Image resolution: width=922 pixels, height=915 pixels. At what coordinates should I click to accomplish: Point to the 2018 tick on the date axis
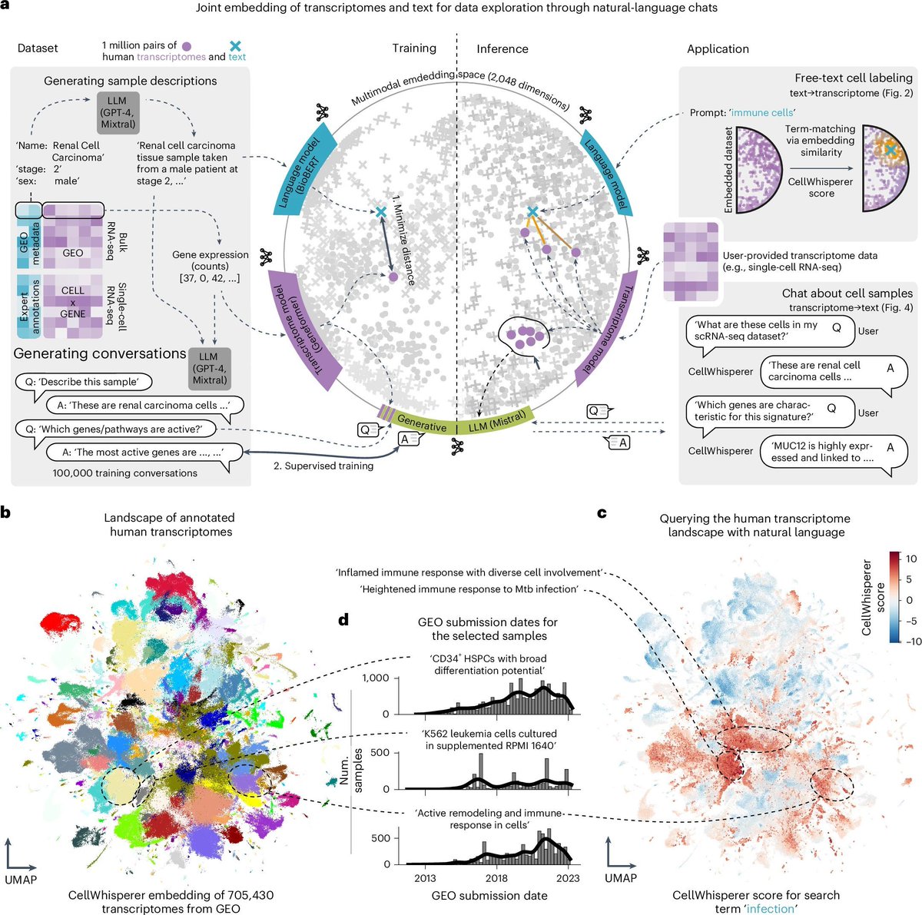click(496, 878)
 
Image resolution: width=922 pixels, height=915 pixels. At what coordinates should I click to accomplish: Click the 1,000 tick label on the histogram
click(376, 678)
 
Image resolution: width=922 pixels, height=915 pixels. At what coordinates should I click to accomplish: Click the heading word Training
click(414, 48)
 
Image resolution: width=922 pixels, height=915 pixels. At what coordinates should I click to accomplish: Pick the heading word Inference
click(502, 48)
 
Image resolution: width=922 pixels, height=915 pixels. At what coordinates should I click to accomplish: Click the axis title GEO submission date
click(489, 895)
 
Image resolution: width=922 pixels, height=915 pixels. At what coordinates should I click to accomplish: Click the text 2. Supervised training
click(323, 466)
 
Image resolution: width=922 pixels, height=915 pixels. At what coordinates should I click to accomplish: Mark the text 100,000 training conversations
click(125, 473)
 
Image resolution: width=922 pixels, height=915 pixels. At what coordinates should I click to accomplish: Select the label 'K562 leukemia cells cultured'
click(488, 734)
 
